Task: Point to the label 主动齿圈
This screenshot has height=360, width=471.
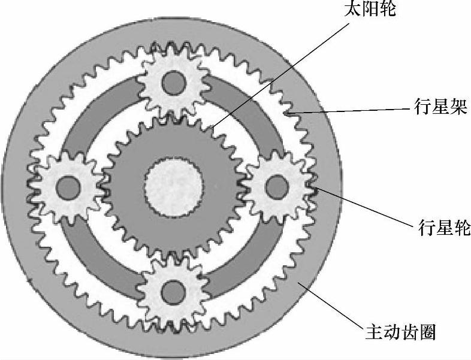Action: click(400, 331)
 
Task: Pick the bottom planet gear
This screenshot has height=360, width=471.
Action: click(173, 291)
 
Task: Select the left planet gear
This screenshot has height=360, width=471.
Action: click(67, 186)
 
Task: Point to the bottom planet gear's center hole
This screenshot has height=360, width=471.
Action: click(174, 292)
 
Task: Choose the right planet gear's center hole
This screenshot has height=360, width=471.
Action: click(277, 187)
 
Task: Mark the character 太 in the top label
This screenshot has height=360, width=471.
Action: click(354, 10)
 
